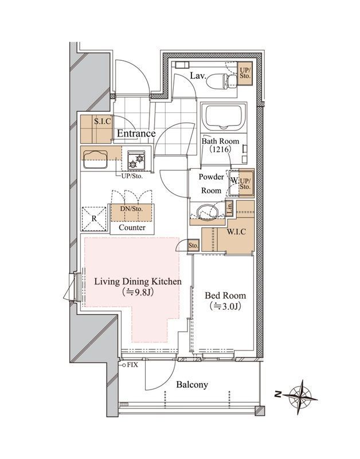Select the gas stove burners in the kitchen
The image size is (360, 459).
tap(136, 161)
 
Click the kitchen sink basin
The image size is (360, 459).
tap(95, 160)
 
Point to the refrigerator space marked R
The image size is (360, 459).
tap(94, 219)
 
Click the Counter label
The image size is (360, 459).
tap(132, 227)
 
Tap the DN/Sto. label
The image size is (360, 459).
tap(131, 209)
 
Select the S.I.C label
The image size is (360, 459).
tap(103, 121)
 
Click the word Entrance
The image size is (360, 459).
tap(136, 134)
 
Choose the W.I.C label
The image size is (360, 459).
tap(236, 232)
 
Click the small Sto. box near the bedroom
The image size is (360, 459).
tap(193, 246)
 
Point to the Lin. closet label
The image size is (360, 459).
tap(229, 208)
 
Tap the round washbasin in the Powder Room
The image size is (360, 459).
tap(207, 211)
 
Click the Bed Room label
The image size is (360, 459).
tap(225, 295)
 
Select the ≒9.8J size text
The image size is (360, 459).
tap(138, 292)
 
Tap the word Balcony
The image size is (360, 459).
tap(192, 384)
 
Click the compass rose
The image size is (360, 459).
tap(300, 397)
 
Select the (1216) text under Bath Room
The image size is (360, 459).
tap(221, 149)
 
